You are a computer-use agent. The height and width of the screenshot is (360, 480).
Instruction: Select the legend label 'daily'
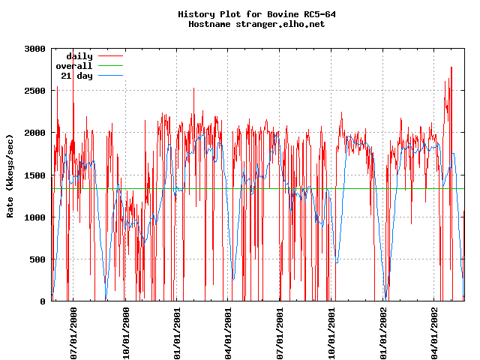pyautogui.click(x=79, y=56)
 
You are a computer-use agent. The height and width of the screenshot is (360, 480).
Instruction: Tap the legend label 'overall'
pyautogui.click(x=74, y=66)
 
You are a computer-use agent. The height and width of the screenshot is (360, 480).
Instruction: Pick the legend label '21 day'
pyautogui.click(x=76, y=76)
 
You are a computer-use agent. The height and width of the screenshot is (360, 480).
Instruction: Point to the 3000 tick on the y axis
pyautogui.click(x=34, y=48)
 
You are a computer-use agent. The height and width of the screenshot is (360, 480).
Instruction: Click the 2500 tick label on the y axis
pyautogui.click(x=34, y=90)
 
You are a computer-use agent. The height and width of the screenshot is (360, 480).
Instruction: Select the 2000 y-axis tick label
pyautogui.click(x=34, y=133)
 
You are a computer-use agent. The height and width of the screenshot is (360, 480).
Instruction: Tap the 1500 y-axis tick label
pyautogui.click(x=34, y=175)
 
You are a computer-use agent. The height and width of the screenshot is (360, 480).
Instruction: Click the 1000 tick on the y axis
pyautogui.click(x=34, y=217)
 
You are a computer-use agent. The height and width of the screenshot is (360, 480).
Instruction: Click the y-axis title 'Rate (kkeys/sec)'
pyautogui.click(x=10, y=175)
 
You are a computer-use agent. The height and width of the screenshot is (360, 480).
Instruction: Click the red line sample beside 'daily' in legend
pyautogui.click(x=109, y=56)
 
